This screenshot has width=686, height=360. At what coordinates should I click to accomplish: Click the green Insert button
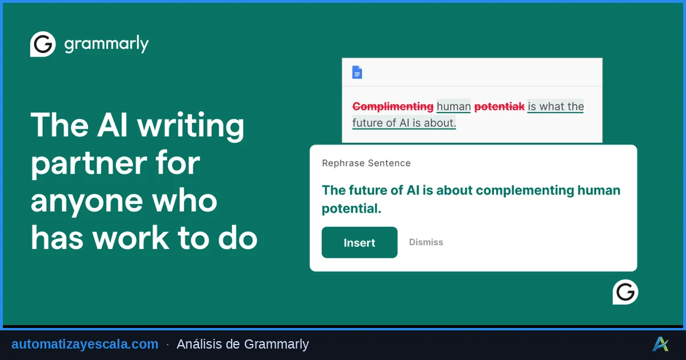point(360,243)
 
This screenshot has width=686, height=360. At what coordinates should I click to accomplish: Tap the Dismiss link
point(426,242)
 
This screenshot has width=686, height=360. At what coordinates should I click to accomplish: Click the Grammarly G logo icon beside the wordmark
point(43,45)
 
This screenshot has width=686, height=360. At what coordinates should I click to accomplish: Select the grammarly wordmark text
point(106,45)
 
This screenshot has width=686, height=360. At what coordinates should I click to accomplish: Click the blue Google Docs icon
point(357,73)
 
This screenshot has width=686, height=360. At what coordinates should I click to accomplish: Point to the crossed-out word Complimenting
point(393,106)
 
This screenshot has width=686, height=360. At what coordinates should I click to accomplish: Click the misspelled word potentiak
point(499,106)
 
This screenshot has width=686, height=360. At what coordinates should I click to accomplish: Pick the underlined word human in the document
point(454,106)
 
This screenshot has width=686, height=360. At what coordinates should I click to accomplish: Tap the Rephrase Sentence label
point(366,163)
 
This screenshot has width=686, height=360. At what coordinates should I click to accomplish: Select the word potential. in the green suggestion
point(351,209)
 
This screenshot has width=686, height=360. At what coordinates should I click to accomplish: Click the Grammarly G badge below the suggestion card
point(625,292)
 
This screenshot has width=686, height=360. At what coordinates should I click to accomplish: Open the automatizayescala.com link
point(85,344)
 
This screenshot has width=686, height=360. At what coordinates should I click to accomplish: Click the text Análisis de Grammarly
point(242,344)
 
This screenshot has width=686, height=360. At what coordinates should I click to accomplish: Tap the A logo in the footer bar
point(660,344)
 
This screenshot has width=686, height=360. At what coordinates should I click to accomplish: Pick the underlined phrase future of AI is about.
point(404,123)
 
